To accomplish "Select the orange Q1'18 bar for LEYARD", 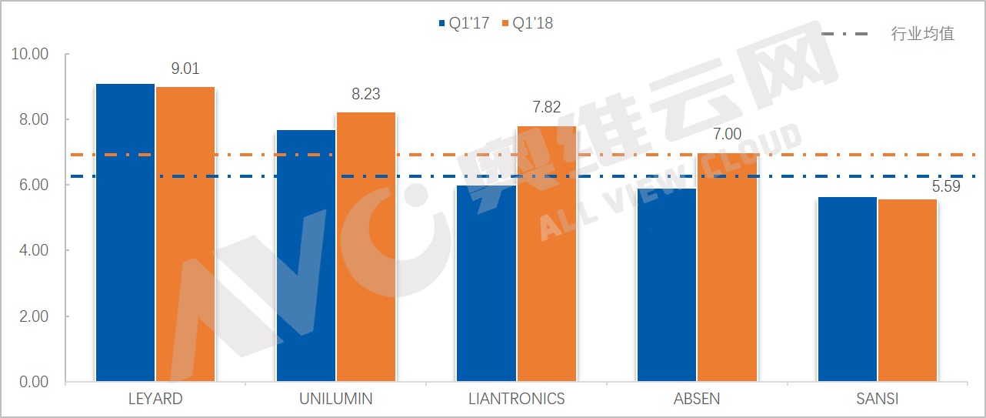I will (x=185, y=234).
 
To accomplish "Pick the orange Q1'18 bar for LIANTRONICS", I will (x=547, y=254).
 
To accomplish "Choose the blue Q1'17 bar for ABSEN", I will (x=667, y=285).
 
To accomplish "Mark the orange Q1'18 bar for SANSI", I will (x=908, y=290).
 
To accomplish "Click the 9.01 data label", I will (x=185, y=69).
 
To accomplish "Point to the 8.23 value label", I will (x=366, y=95).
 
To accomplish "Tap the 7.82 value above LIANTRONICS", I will (x=547, y=107).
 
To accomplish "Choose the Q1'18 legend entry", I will (x=527, y=24).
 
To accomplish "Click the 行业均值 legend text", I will (x=922, y=34).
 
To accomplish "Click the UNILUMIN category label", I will (x=335, y=399).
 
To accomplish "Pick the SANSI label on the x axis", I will (x=878, y=399).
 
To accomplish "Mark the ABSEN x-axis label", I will (x=697, y=399).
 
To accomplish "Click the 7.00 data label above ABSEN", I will (x=727, y=134).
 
